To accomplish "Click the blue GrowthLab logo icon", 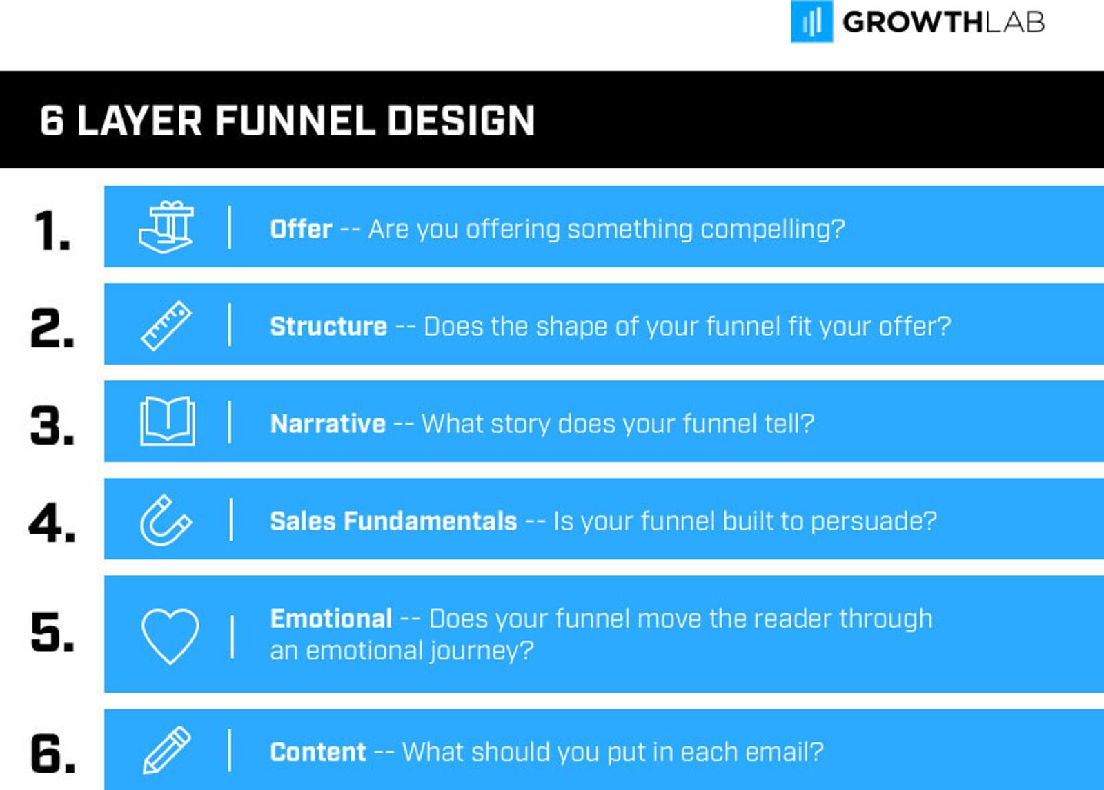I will [x=811, y=21].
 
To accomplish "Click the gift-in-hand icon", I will [x=166, y=227].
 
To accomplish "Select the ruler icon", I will [x=166, y=325].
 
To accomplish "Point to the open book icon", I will [x=167, y=421].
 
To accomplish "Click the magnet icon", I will [x=166, y=520].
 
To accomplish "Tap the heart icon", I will [x=170, y=635].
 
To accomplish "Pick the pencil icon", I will [x=166, y=750].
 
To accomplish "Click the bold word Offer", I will [x=301, y=229].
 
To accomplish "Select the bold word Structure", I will [x=328, y=327].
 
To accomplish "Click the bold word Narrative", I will [x=328, y=424].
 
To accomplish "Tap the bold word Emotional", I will [x=331, y=619].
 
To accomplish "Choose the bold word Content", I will [x=318, y=752].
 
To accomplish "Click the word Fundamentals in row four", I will [x=431, y=521].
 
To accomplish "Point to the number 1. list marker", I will [x=52, y=231].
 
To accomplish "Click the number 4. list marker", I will [x=52, y=523].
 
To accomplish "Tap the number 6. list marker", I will [x=52, y=753].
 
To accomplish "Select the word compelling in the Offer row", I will [x=769, y=229].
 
